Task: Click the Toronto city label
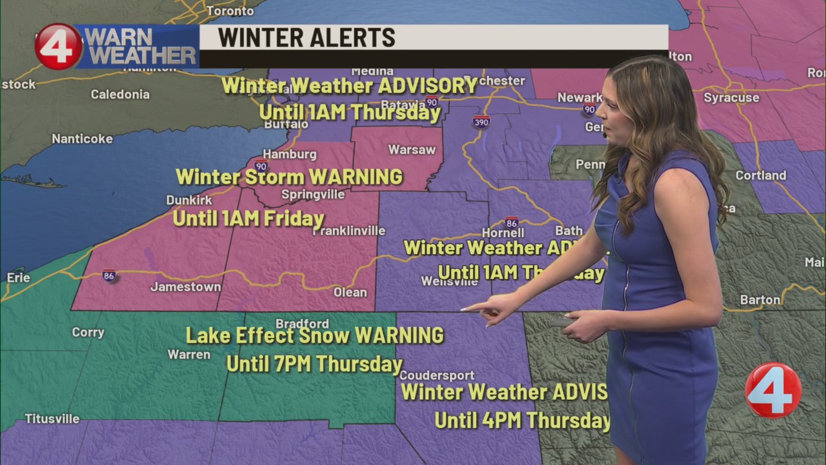[230, 10]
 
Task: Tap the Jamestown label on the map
[185, 287]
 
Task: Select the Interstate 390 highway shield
[481, 121]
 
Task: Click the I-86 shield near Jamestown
[109, 276]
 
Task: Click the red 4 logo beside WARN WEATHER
[58, 46]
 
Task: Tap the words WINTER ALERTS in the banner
[307, 38]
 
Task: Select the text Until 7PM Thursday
[314, 364]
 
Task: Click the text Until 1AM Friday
[248, 218]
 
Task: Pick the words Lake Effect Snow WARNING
[315, 336]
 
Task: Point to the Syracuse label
[731, 98]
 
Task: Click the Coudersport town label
[437, 375]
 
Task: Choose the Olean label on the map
[350, 293]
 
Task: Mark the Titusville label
[52, 418]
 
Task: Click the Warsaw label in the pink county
[412, 150]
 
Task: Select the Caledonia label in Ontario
[120, 94]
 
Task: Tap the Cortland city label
[761, 175]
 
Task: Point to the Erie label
[19, 278]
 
